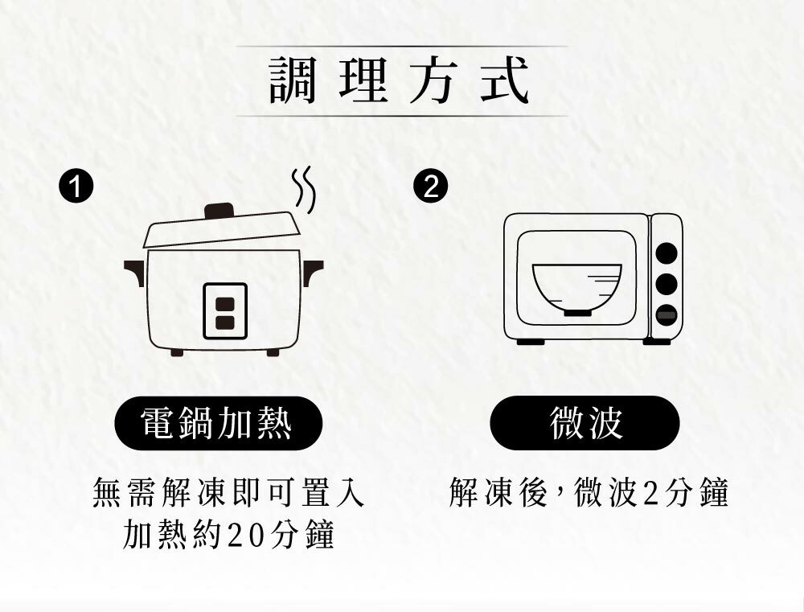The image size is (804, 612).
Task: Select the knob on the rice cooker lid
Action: pos(219,211)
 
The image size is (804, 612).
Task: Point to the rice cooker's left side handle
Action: pos(134,270)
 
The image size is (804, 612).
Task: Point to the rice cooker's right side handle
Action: pos(312,270)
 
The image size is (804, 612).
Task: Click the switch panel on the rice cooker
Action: pos(225,311)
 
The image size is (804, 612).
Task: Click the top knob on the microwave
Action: pos(666,253)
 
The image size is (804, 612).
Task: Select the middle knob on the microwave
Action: pos(666,284)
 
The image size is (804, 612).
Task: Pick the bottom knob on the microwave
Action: pos(666,315)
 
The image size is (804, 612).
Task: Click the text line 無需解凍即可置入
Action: pos(228,493)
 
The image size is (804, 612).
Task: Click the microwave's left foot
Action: pos(531,343)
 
